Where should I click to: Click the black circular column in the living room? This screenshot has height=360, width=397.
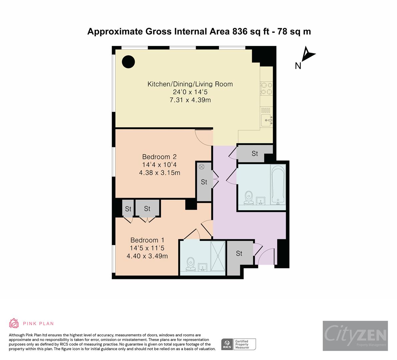pyautogui.click(x=128, y=62)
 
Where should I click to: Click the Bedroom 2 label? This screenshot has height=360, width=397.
pyautogui.click(x=159, y=157)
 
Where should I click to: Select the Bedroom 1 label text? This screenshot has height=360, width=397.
pyautogui.click(x=147, y=240)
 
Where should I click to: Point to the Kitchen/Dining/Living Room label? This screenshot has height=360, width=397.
pyautogui.click(x=190, y=84)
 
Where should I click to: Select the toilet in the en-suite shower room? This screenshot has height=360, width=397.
pyautogui.click(x=191, y=264)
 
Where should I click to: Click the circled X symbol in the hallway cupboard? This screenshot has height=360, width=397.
pyautogui.click(x=201, y=167)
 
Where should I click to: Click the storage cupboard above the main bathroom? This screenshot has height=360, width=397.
pyautogui.click(x=255, y=154)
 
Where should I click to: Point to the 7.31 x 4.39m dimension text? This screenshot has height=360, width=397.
pyautogui.click(x=190, y=100)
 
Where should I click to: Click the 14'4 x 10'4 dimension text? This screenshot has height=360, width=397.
pyautogui.click(x=159, y=165)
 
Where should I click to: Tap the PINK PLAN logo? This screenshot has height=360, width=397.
pyautogui.click(x=31, y=323)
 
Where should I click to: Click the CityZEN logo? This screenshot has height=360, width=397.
pyautogui.click(x=355, y=336)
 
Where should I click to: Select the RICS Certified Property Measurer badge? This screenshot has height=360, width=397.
pyautogui.click(x=239, y=344)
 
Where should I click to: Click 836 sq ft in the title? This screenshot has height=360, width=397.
pyautogui.click(x=255, y=31)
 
